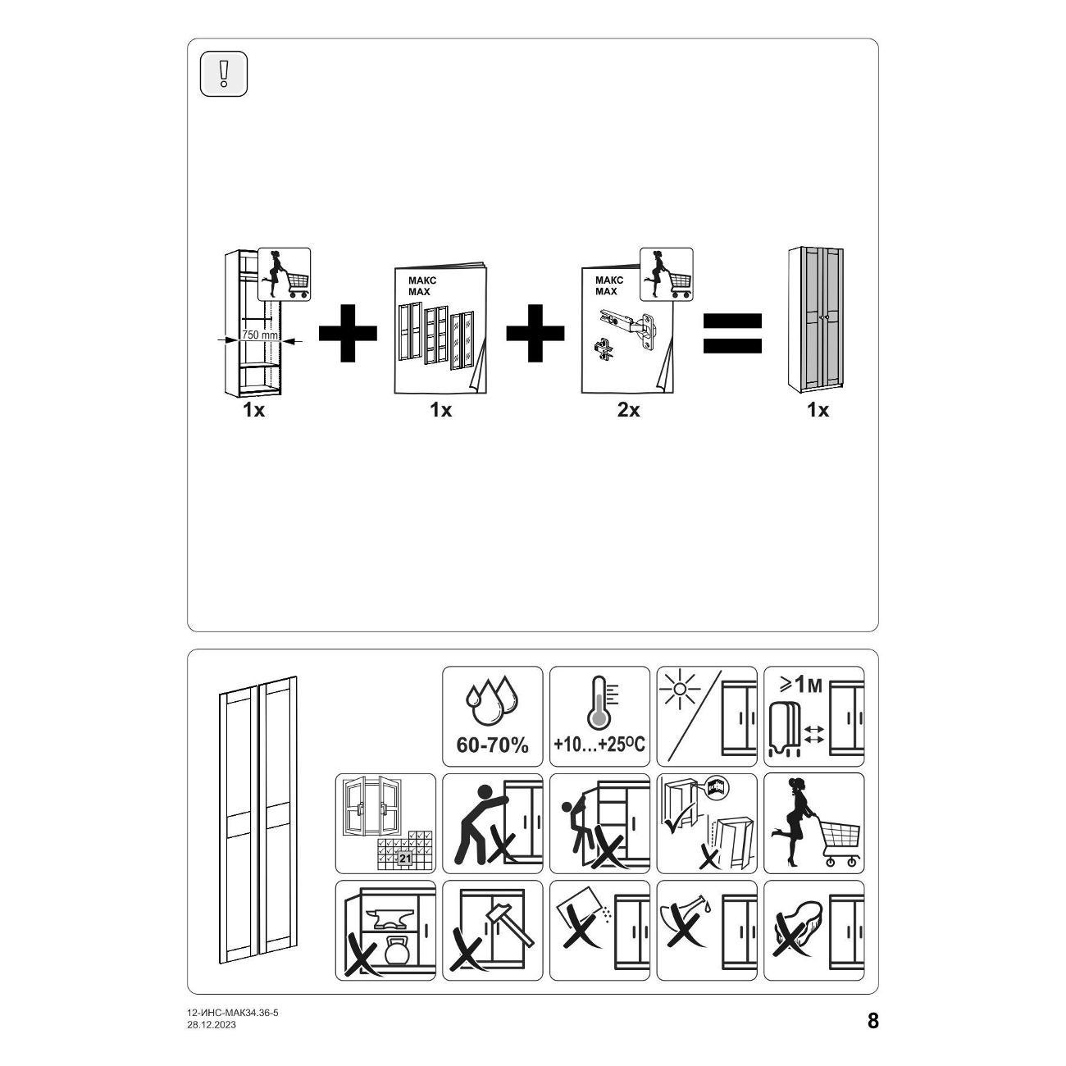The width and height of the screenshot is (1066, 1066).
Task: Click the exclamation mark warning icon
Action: pos(224,74)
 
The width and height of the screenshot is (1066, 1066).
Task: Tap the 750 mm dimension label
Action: pos(260,335)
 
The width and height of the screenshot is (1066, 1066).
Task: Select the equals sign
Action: pos(732,334)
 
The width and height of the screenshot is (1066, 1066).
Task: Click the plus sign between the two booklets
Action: pos(535,333)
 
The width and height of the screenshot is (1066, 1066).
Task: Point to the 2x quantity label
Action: pos(628,411)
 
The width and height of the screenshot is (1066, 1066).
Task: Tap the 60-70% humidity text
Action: pos(492,745)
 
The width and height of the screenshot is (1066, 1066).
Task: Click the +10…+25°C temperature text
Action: pos(599,745)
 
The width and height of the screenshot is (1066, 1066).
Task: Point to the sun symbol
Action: pos(679,690)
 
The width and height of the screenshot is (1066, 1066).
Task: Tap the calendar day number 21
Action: pos(405,859)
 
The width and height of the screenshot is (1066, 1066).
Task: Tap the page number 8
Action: pos(873,1021)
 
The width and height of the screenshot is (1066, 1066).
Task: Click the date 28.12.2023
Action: pos(212,1025)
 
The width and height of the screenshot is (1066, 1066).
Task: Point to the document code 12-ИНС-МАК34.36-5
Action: pos(233,1013)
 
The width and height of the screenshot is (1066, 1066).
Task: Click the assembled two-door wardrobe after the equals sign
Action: pos(817,320)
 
